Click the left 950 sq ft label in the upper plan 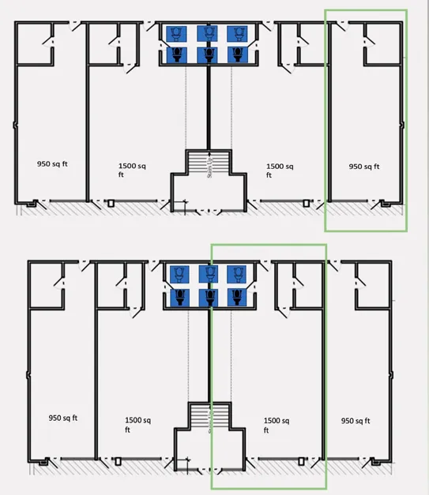(52, 164)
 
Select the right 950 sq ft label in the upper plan (364, 167)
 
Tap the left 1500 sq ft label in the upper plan (132, 171)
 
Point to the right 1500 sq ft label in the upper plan (280, 171)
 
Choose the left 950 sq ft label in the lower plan (63, 418)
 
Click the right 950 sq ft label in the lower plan (356, 421)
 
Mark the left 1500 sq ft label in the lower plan (137, 425)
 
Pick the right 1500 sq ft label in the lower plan (277, 425)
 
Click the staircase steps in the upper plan (209, 162)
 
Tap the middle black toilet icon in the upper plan (208, 55)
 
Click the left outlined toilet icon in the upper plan (176, 34)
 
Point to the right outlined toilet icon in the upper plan (238, 34)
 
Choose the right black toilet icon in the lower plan (237, 298)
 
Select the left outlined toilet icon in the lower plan (179, 274)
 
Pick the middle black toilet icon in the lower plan (209, 298)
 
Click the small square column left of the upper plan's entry (111, 204)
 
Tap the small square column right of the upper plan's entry (306, 204)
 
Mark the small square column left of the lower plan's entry (119, 461)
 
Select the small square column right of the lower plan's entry (301, 461)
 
